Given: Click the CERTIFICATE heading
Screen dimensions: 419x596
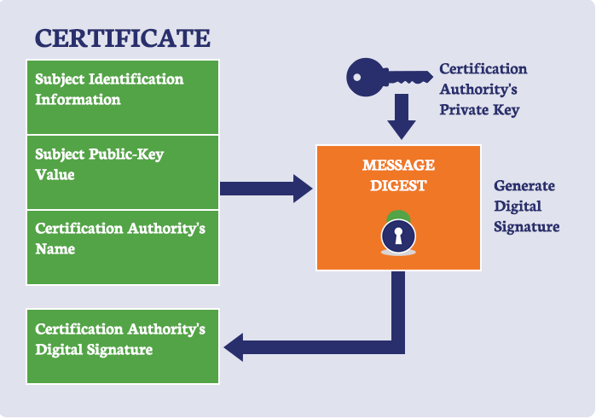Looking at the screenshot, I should point(122,38).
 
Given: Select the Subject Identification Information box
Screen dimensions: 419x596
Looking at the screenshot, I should point(123,96).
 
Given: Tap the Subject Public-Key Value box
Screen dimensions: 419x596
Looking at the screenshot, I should point(123,172).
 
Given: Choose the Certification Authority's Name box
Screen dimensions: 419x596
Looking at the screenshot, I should point(123,247).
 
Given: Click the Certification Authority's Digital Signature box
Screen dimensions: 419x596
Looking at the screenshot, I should point(123,346).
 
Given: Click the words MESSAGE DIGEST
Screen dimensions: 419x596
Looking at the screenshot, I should point(398,173).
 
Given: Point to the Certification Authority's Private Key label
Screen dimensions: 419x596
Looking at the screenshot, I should point(483,89).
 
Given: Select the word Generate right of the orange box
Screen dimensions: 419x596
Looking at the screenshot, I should point(524,186).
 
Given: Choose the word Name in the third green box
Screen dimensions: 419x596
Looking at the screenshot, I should point(55,249).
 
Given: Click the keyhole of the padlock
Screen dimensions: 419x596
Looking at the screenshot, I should point(397,235).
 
